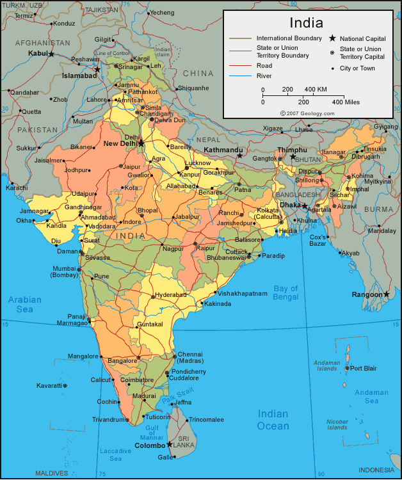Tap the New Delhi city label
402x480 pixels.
pyautogui.click(x=120, y=143)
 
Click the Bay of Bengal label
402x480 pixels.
pyautogui.click(x=285, y=292)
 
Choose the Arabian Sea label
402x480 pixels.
pyautogui.click(x=25, y=304)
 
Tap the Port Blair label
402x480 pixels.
pyautogui.click(x=364, y=368)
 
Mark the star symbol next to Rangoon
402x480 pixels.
pyautogui.click(x=387, y=294)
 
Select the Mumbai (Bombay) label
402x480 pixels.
pyautogui.click(x=64, y=271)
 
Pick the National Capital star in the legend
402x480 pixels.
pyautogui.click(x=333, y=38)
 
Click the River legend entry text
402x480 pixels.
pyautogui.click(x=264, y=76)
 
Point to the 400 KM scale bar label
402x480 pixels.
pyautogui.click(x=316, y=89)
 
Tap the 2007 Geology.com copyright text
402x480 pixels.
pyautogui.click(x=307, y=113)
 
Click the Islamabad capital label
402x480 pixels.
pyautogui.click(x=79, y=76)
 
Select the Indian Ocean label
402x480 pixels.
pyautogui.click(x=273, y=420)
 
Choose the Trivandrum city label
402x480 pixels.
pyautogui.click(x=106, y=420)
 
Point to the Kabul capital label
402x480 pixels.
pyautogui.click(x=38, y=54)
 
